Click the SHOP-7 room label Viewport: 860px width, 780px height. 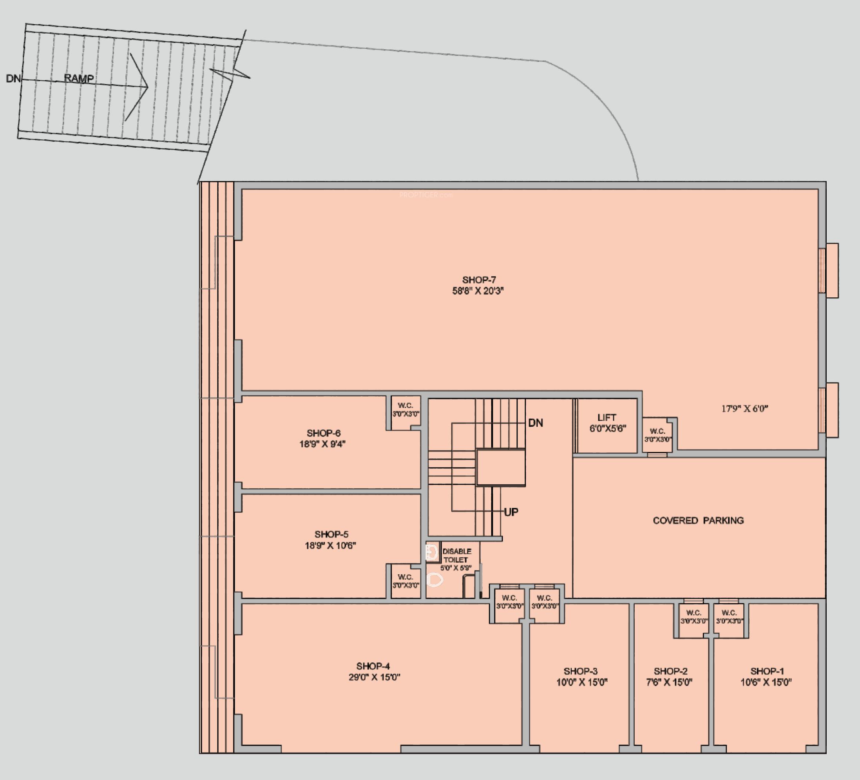pos(479,280)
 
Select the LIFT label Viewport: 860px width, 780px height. pos(606,418)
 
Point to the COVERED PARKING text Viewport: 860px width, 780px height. pos(698,520)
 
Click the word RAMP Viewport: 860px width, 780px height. pos(79,78)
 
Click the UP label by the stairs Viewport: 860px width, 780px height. pos(511,512)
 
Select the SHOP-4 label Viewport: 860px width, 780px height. pos(373,666)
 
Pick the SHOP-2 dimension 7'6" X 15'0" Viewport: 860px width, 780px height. pos(669,682)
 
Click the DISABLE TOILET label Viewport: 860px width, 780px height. pos(456,556)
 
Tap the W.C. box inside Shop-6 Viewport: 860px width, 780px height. pos(406,410)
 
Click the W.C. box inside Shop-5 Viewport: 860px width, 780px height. pos(405,581)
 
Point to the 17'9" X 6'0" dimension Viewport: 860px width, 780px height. pos(744,409)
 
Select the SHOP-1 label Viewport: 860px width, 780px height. pos(767,671)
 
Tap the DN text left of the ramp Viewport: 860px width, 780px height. pos(13,79)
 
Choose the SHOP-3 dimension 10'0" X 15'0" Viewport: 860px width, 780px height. pos(581,682)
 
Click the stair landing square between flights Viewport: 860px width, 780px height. pos(500,467)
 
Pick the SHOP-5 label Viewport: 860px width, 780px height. pos(331,534)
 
